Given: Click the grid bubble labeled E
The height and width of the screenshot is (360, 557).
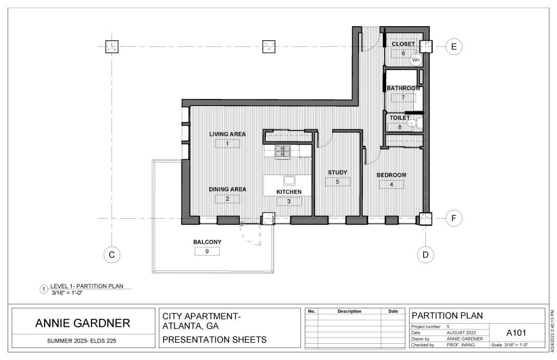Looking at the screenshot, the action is point(454,47).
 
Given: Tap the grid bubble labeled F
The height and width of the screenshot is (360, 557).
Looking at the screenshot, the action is point(454,218).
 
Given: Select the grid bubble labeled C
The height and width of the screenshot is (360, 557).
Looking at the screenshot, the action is point(112,255).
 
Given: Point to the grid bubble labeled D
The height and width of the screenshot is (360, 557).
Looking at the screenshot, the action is point(425,255).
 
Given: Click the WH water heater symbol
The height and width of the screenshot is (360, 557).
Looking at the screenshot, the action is point(416,60).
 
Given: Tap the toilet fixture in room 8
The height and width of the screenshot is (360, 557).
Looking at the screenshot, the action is point(414,123).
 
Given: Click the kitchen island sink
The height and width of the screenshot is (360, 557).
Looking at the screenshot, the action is point(289,181).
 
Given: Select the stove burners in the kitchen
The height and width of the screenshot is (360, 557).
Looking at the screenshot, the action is point(283,152).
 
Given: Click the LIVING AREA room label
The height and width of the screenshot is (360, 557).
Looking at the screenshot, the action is point(227,134).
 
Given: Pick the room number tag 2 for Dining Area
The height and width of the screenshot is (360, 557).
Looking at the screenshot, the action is point(227,199).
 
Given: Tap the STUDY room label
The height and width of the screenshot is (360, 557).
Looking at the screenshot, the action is point(337,172).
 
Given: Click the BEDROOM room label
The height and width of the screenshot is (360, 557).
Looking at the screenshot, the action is point(392,175).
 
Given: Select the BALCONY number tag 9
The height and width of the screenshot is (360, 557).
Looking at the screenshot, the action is point(207,251).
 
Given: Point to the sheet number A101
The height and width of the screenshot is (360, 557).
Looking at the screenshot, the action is point(516,333).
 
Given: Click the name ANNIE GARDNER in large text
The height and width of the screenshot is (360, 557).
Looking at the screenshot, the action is point(83,323).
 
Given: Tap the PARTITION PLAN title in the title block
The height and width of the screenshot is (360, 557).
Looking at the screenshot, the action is point(447,315).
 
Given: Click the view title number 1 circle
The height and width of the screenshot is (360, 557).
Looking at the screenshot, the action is point(44,290).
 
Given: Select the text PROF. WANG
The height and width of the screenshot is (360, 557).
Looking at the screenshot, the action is point(461,345).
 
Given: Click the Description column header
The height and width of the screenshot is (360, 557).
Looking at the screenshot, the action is point(349,312).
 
